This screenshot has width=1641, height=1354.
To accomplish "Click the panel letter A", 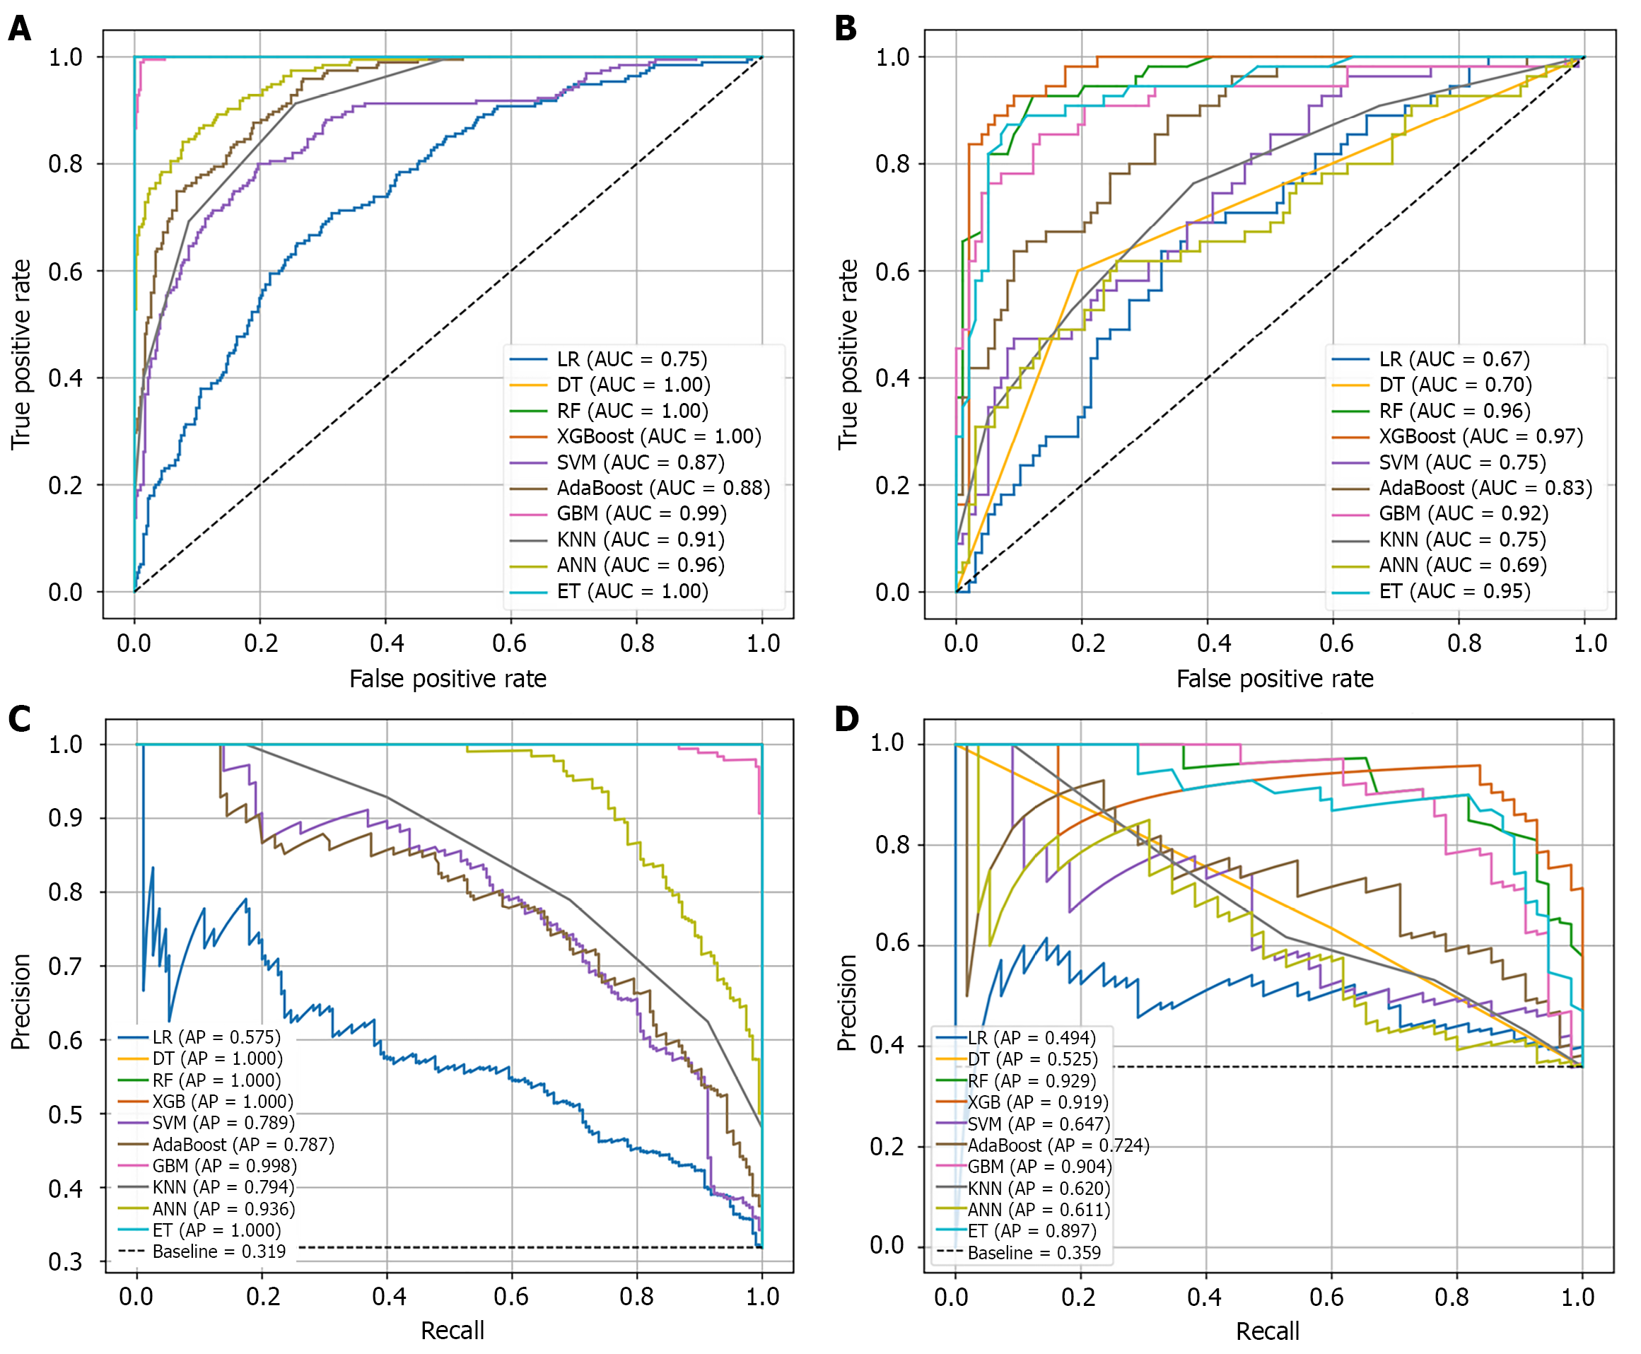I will (x=20, y=29).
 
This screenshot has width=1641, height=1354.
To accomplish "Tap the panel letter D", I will (x=846, y=718).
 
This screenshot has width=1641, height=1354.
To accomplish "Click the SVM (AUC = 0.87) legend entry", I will (x=640, y=462).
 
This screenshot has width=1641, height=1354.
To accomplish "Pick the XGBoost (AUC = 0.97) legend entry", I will (x=1480, y=436).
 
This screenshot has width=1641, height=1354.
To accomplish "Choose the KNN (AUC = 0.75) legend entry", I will (x=1461, y=539).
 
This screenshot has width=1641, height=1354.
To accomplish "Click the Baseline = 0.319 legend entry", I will (x=218, y=1251).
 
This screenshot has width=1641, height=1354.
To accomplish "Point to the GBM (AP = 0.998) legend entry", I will (x=224, y=1166).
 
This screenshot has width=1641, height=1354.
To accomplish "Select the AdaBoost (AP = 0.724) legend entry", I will (x=1058, y=1145).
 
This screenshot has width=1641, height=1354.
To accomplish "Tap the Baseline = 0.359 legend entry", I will (x=1034, y=1253).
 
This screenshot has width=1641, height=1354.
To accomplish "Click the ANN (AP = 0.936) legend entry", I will (x=223, y=1209).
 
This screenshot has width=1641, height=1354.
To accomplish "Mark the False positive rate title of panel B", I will (x=1275, y=679).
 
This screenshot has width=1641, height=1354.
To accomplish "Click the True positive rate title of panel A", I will (x=21, y=355).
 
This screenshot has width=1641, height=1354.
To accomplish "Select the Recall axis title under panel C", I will (x=452, y=1331).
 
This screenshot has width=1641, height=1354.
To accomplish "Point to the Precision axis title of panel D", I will (x=848, y=1002).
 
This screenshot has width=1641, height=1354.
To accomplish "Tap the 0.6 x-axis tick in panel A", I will (x=509, y=643).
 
